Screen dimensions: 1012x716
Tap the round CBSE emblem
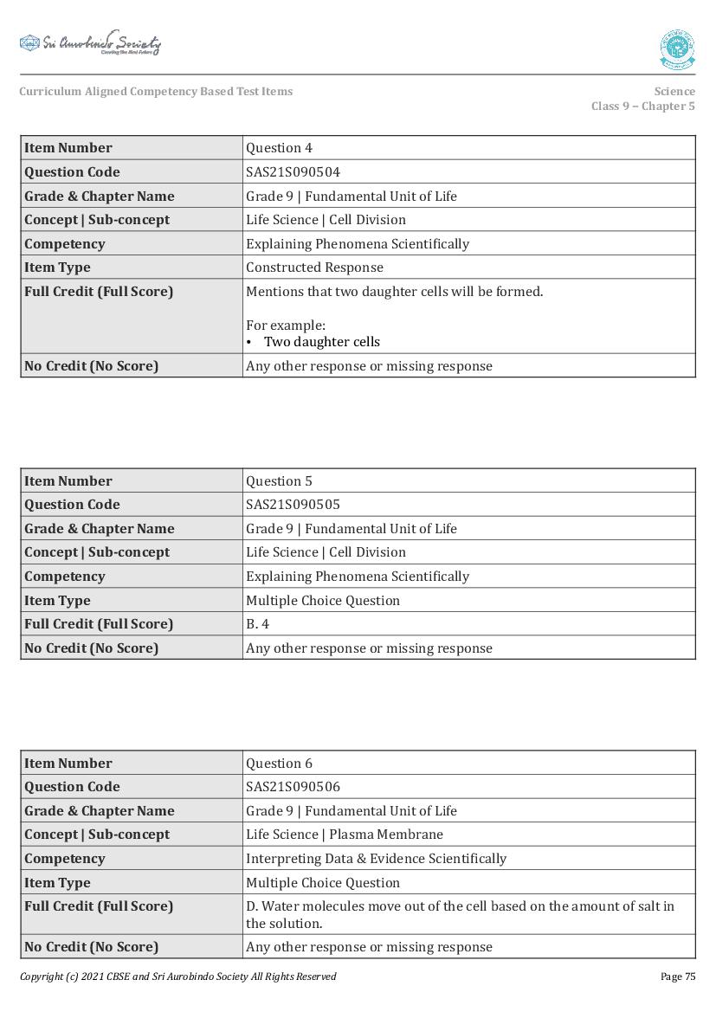(x=676, y=49)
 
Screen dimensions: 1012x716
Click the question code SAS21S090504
(x=293, y=171)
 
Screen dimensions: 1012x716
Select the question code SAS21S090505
(x=293, y=504)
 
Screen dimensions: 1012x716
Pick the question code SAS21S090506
(x=293, y=786)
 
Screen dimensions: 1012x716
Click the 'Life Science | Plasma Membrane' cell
(x=344, y=835)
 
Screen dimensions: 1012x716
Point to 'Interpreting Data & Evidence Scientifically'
(x=376, y=858)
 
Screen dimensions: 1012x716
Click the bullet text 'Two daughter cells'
(x=321, y=342)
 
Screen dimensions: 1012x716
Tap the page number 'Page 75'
(x=677, y=977)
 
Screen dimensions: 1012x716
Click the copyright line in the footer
(x=177, y=977)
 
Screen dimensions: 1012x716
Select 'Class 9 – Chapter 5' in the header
(x=642, y=106)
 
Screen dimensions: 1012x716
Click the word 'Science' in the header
(x=674, y=91)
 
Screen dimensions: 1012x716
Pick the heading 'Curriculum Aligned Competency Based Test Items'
(x=156, y=91)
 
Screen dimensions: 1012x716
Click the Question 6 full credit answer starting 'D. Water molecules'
(x=460, y=914)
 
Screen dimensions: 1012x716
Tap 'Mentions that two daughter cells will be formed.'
(x=394, y=292)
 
